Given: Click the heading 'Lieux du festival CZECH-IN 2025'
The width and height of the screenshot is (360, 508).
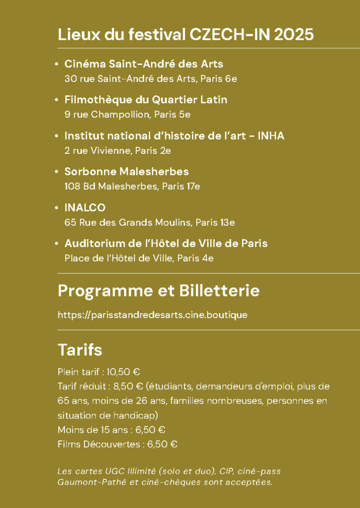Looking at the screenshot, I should click(185, 35).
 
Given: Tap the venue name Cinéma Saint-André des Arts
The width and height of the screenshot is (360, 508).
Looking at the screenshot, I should click(144, 64).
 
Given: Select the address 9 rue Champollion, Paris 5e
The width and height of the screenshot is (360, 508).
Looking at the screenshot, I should click(127, 115).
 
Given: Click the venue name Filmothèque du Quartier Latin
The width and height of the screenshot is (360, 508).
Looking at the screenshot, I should click(146, 100).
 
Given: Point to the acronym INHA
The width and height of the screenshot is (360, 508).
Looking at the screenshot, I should click(271, 136).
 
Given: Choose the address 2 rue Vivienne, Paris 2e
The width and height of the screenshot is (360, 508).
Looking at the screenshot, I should click(118, 150).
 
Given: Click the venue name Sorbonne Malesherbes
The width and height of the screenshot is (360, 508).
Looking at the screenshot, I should click(126, 172).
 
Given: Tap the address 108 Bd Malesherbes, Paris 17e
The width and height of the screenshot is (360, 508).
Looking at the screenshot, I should click(132, 187).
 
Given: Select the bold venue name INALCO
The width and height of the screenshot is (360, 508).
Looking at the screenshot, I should click(85, 207).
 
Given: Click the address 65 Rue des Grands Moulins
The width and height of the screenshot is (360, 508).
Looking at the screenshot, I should click(128, 222).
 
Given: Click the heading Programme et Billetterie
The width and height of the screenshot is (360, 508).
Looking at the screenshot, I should click(159, 291).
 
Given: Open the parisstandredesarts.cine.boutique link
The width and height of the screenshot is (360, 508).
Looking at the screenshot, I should click(152, 315).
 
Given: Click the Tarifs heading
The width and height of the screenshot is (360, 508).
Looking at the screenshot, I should click(80, 350).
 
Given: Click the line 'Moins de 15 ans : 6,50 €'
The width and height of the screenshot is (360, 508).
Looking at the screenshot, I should click(111, 430).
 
